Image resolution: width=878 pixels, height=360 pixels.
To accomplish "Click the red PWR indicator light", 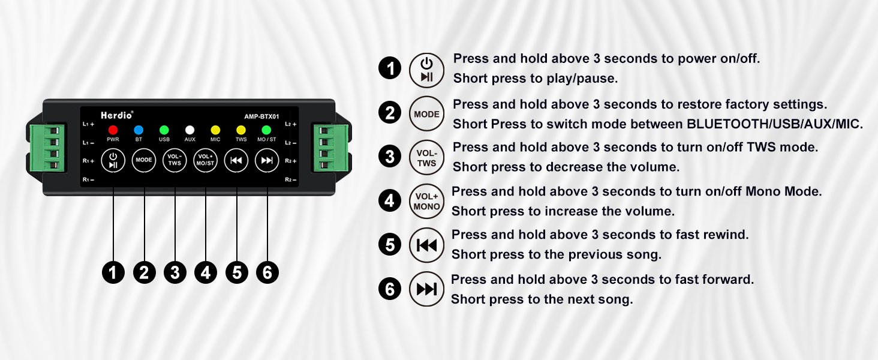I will coord(113,130).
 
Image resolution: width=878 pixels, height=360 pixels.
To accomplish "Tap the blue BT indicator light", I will coord(139,130).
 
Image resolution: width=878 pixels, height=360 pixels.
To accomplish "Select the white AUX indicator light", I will coord(190,130).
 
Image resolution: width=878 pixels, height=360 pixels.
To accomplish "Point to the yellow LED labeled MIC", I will coord(215,130).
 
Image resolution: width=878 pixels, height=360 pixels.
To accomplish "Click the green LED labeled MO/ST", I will coord(267,130).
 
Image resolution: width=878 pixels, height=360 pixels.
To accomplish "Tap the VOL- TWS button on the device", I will coord(175,160).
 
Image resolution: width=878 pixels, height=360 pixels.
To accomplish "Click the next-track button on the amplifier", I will coord(267,160).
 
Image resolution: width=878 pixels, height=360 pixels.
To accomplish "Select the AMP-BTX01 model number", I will coord(261,116).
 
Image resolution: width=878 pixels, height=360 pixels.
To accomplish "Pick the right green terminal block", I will coord(326,148).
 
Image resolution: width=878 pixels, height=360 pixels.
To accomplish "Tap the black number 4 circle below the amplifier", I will coord(206,273).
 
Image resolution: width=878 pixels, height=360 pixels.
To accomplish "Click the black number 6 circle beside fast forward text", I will coord(390,290).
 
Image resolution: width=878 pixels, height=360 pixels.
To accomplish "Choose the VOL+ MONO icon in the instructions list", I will coord(426,201).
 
